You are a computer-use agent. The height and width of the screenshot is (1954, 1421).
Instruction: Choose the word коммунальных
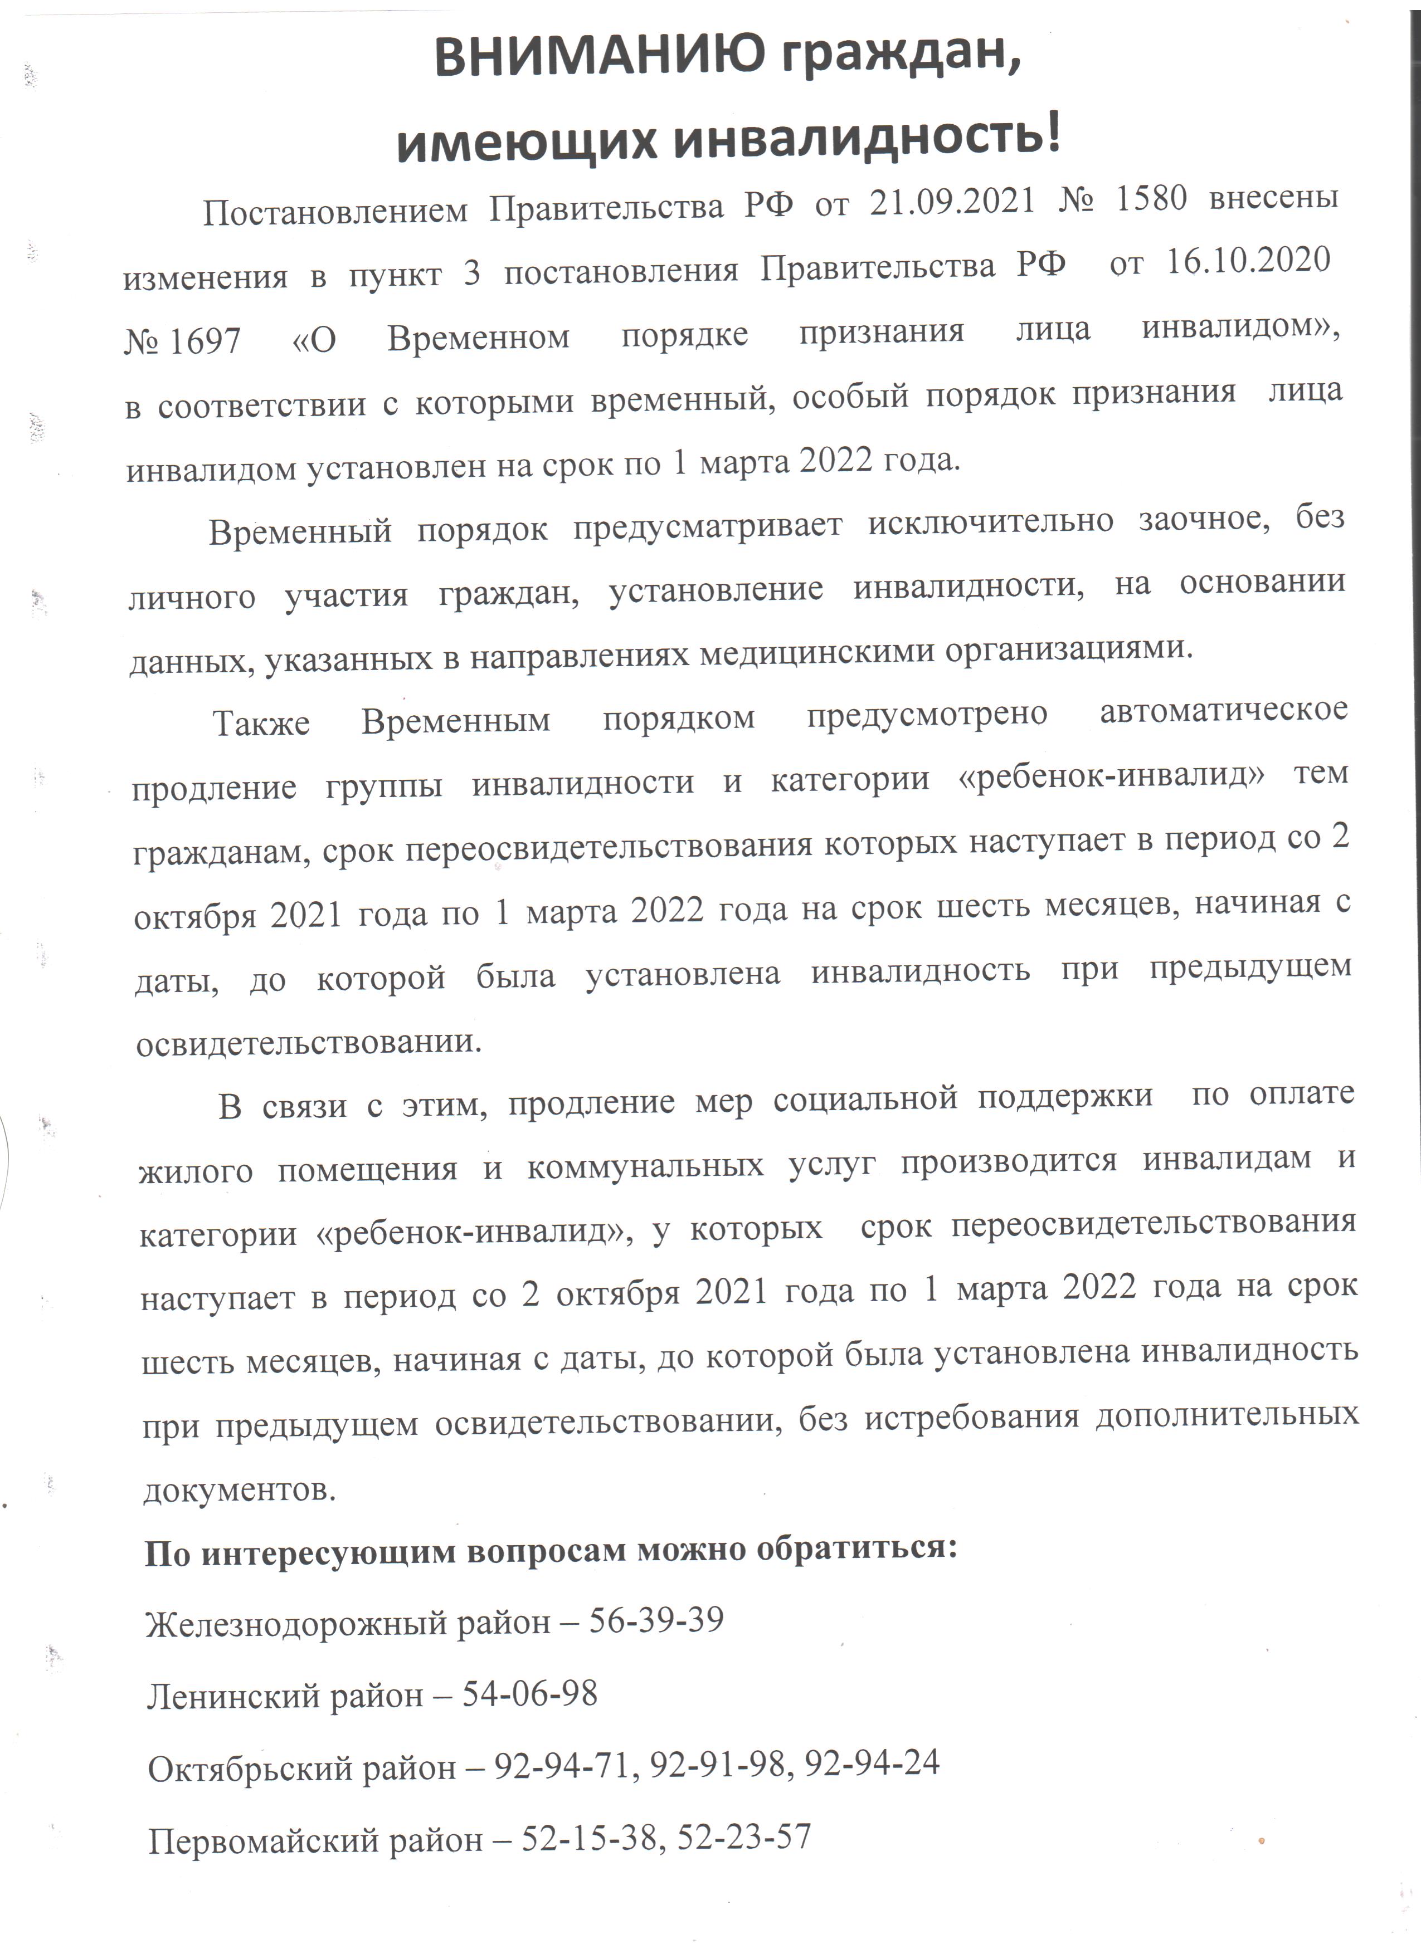[645, 1166]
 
